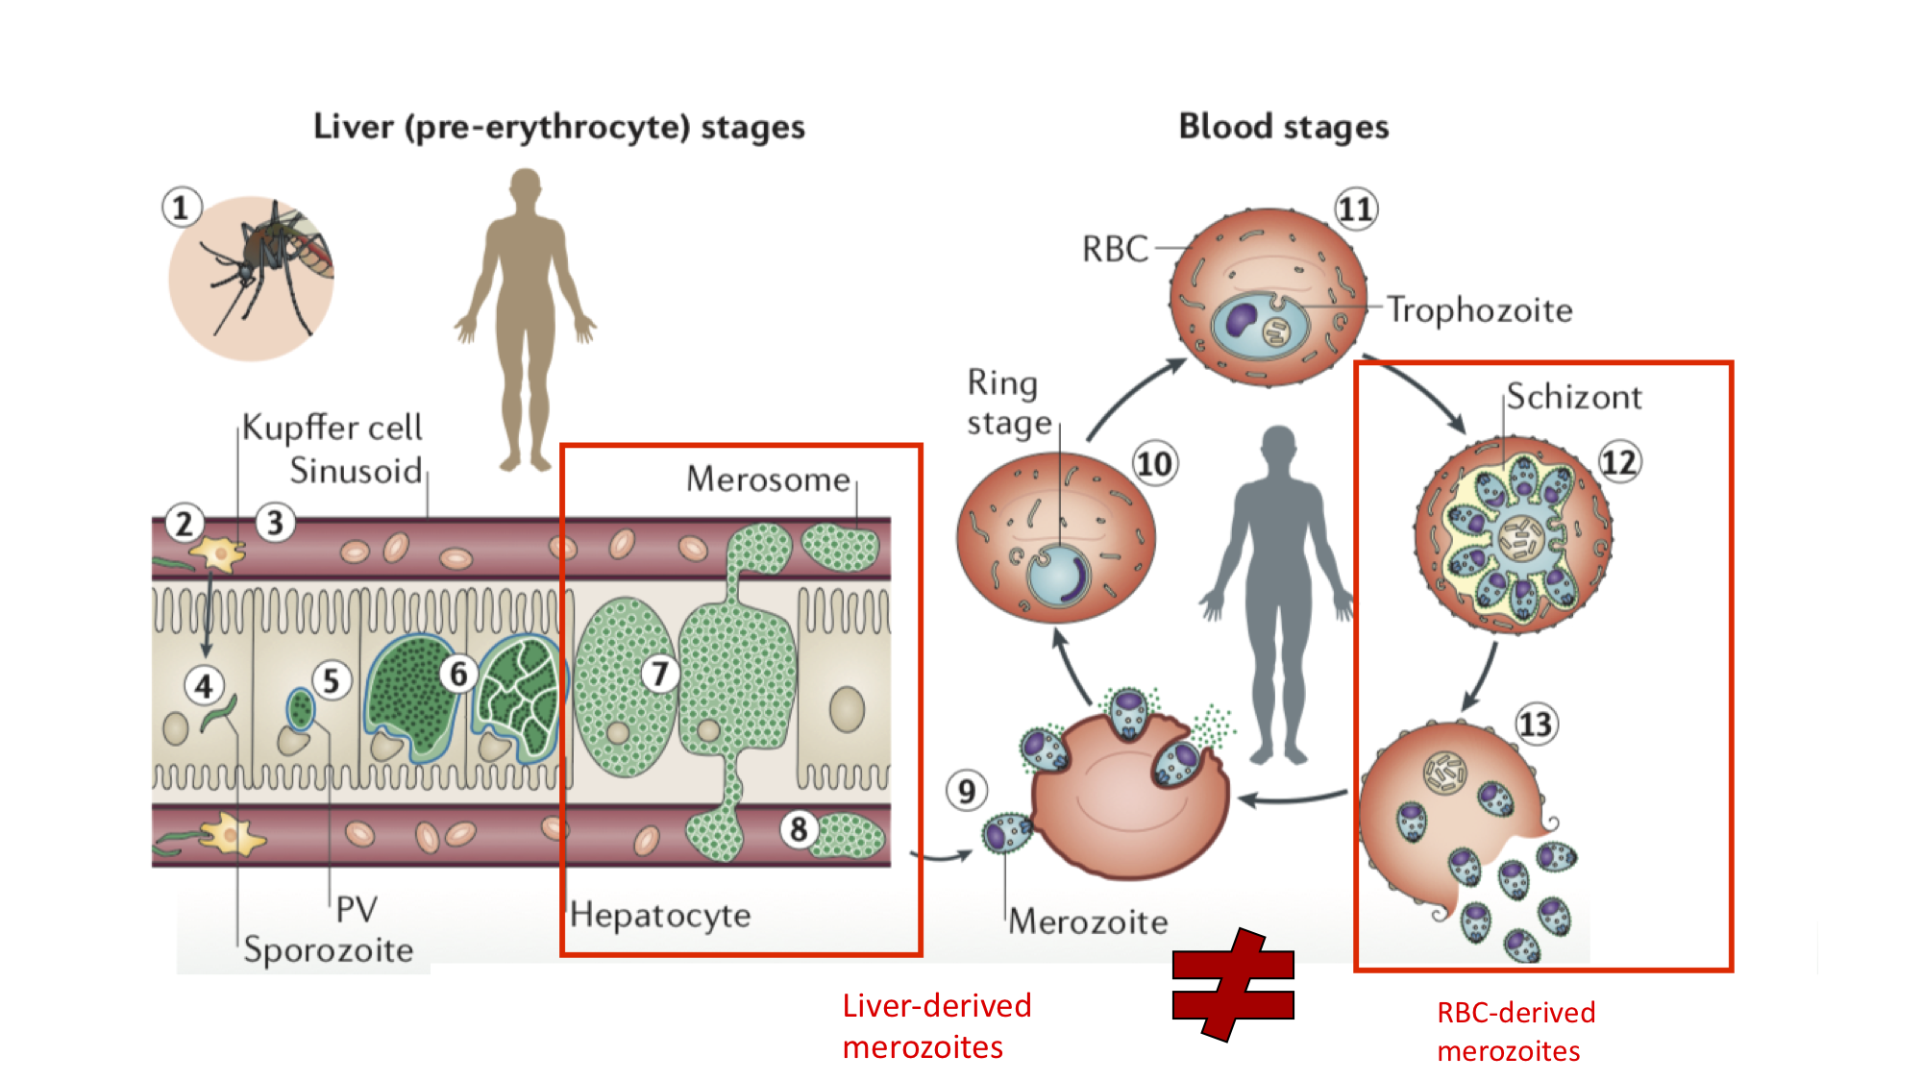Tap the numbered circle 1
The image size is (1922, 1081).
coord(181,208)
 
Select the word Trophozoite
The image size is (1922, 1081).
coord(1479,310)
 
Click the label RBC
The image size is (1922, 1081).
coord(1115,249)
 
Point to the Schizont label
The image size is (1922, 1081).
coord(1573,397)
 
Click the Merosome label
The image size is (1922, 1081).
coord(768,479)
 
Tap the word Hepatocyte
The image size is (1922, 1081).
coord(659,915)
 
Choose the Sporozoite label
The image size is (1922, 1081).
coord(328,949)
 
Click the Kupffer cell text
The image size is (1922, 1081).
coord(332,427)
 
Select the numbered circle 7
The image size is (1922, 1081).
coord(659,674)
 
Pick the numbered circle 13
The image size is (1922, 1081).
coord(1535,724)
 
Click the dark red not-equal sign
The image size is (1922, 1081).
coord(1233,985)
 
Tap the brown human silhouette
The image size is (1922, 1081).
coord(525,317)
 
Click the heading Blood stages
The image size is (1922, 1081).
coord(1283,127)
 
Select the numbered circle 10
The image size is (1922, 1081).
coord(1154,464)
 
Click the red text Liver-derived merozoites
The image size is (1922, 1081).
coord(936,1026)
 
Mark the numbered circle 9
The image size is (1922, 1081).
coord(966,791)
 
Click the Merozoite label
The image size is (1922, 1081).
coord(1088,922)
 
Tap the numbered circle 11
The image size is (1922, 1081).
coord(1356,209)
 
